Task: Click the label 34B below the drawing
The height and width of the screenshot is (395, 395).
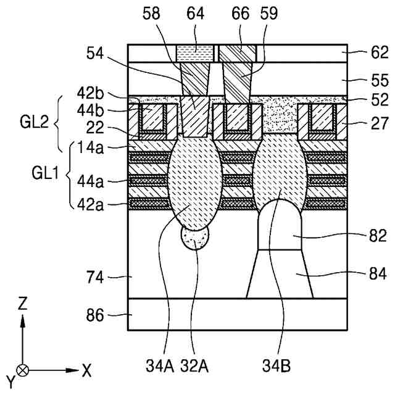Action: [x=281, y=369]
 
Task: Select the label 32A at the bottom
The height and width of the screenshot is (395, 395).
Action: [x=196, y=369]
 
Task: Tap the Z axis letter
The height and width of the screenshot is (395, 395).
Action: [x=23, y=304]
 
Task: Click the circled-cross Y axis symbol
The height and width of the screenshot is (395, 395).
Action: [x=23, y=370]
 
